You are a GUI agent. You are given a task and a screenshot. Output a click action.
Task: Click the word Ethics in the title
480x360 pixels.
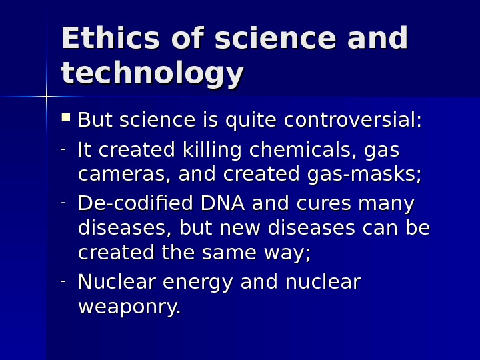(108, 39)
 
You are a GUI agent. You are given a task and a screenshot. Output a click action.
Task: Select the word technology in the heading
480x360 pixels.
(152, 75)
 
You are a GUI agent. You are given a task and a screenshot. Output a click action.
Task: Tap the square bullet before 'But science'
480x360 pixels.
(65, 119)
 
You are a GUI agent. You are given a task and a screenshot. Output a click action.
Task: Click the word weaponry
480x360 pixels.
(129, 308)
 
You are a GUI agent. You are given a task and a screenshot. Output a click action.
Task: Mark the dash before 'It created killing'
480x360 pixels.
(63, 149)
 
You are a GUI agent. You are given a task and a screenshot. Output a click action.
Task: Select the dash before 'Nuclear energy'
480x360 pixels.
(63, 281)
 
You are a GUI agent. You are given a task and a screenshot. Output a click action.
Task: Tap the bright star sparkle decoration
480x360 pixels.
(47, 97)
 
